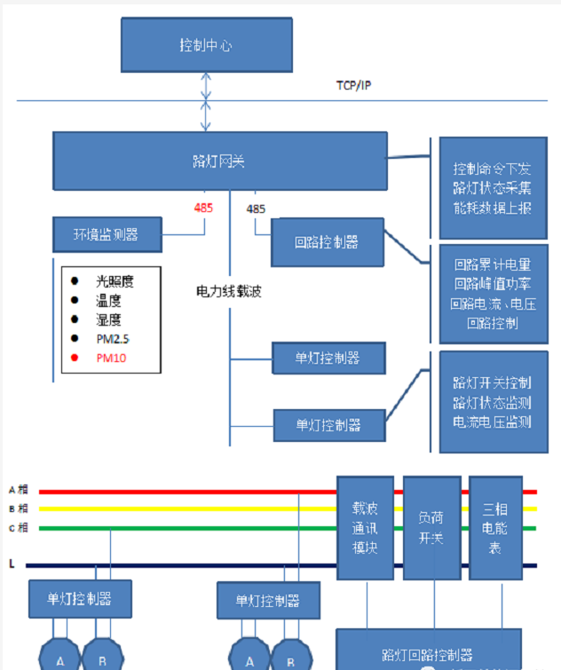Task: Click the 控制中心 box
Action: [x=206, y=45]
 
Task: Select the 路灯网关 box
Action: [x=219, y=161]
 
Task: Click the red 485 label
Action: [x=204, y=209]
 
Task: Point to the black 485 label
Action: [x=256, y=209]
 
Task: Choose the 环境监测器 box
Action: [x=107, y=235]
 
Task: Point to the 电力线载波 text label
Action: [x=229, y=291]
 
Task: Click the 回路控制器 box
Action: [x=327, y=240]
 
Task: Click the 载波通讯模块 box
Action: [x=365, y=527]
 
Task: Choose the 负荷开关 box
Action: [x=431, y=527]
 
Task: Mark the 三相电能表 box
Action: [x=494, y=527]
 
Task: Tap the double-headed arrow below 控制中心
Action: [x=206, y=101]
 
